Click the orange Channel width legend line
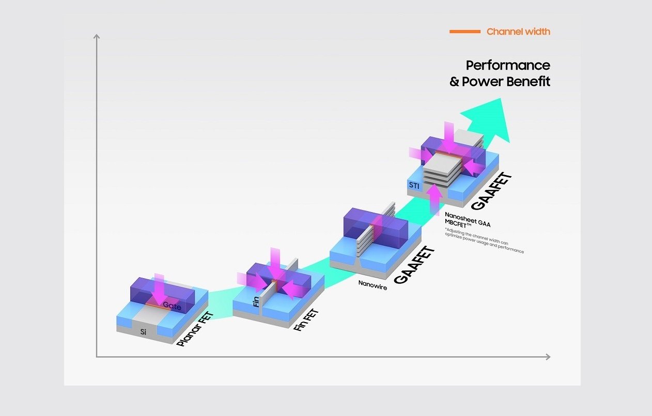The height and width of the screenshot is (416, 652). coord(465,31)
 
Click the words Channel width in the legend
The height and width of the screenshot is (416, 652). coord(518,31)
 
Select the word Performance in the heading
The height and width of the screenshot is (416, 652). coord(508,65)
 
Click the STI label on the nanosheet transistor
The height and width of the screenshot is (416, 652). coord(414,185)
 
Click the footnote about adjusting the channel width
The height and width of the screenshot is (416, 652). coord(484,241)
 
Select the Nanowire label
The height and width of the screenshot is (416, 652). coord(372,285)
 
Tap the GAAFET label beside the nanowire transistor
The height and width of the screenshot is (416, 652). coord(414,265)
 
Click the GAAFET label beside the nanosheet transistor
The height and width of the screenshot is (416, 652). coord(491,191)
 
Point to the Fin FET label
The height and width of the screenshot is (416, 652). coord(306,320)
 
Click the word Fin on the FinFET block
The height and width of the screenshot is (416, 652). coord(256,301)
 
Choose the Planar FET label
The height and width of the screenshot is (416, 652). coord(195,329)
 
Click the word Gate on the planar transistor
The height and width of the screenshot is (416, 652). coord(172,306)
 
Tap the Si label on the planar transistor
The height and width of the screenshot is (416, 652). coord(143,332)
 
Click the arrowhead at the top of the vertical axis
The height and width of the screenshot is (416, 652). coord(97,36)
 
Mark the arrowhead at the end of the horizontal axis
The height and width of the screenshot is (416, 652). coord(548,357)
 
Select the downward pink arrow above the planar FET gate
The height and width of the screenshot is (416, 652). coord(159,288)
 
